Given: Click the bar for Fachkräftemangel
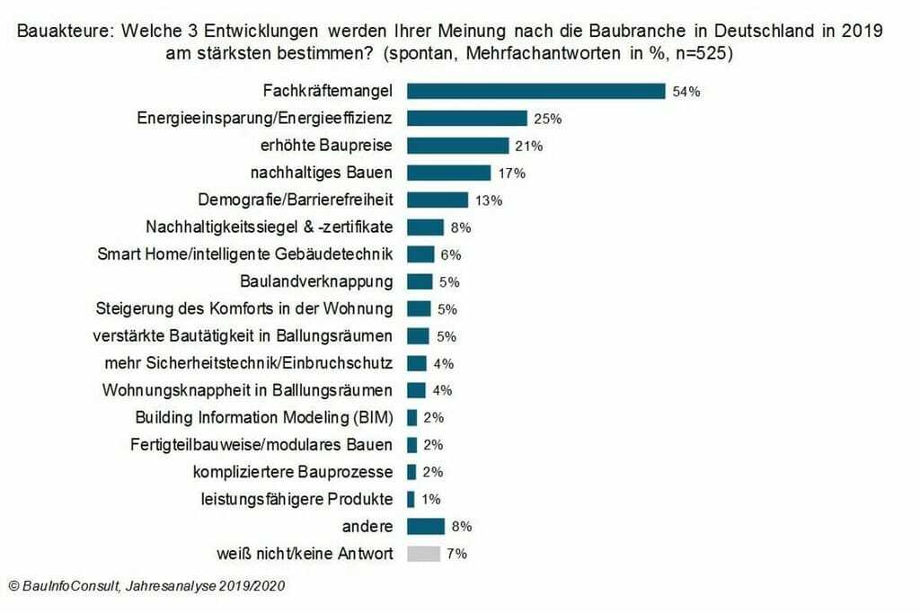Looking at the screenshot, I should pyautogui.click(x=535, y=91).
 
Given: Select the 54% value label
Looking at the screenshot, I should pyautogui.click(x=686, y=92).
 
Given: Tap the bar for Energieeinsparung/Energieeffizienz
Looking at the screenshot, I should pyautogui.click(x=467, y=118).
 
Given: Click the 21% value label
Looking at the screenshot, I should pyautogui.click(x=529, y=146).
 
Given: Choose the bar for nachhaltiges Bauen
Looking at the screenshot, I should pyautogui.click(x=448, y=173).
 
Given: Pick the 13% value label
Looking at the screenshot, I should pyautogui.click(x=488, y=200).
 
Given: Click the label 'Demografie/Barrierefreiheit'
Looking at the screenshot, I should pyautogui.click(x=295, y=200).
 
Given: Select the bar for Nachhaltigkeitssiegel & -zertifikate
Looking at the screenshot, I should pyautogui.click(x=426, y=227).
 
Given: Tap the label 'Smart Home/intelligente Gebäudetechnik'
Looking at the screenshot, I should pyautogui.click(x=244, y=254).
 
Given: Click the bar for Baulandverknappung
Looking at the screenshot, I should pyautogui.click(x=420, y=281).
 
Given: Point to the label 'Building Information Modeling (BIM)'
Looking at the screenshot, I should pyautogui.click(x=264, y=417).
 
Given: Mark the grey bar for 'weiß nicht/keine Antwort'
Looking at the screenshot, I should pyautogui.click(x=424, y=554).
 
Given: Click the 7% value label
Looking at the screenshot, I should pyautogui.click(x=456, y=554).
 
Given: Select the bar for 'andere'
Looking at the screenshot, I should pyautogui.click(x=426, y=526).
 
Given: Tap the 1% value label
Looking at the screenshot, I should pyautogui.click(x=430, y=499).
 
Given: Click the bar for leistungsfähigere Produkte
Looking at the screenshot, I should pyautogui.click(x=411, y=499).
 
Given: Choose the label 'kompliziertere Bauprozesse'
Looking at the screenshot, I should pyautogui.click(x=293, y=472).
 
